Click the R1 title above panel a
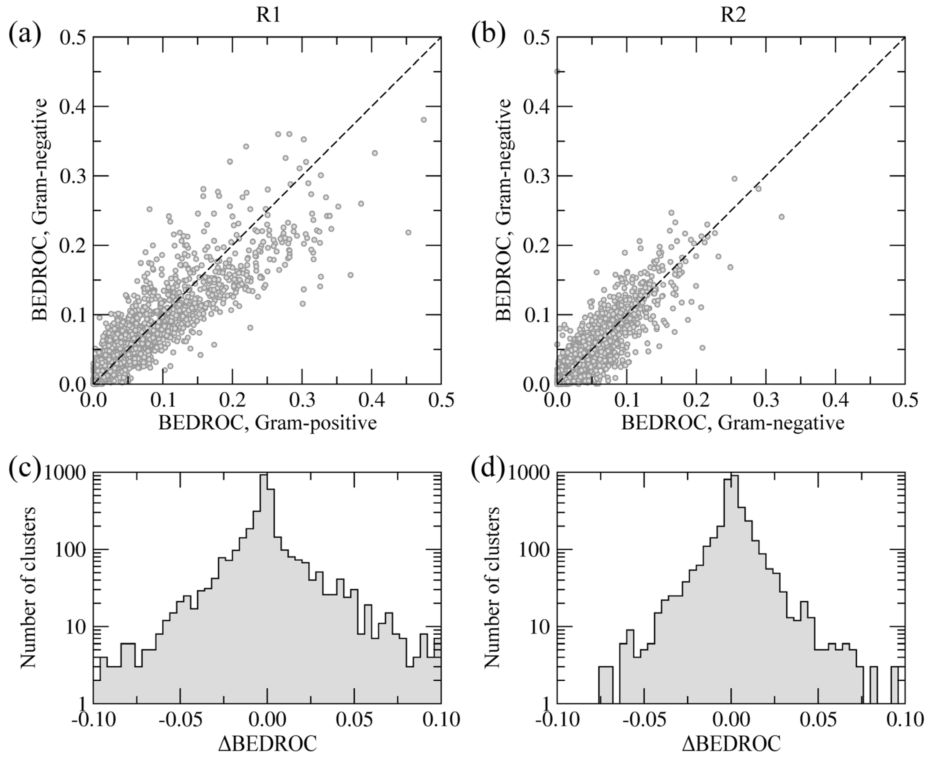(268, 16)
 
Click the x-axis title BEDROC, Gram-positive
(267, 423)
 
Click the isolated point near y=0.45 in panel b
(557, 71)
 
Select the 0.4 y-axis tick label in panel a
(73, 106)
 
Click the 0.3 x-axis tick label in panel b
(766, 401)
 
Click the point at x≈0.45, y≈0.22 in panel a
(408, 232)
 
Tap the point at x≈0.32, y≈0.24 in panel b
(781, 217)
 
